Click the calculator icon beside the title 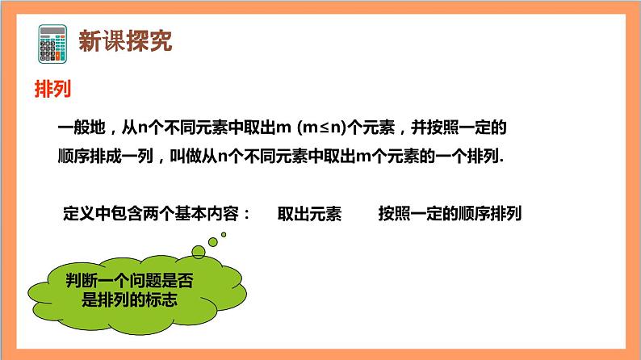pos(52,40)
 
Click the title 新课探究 pos(124,41)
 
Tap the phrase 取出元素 pos(309,215)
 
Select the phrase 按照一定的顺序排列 pos(449,215)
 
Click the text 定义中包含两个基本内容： pos(157,215)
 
